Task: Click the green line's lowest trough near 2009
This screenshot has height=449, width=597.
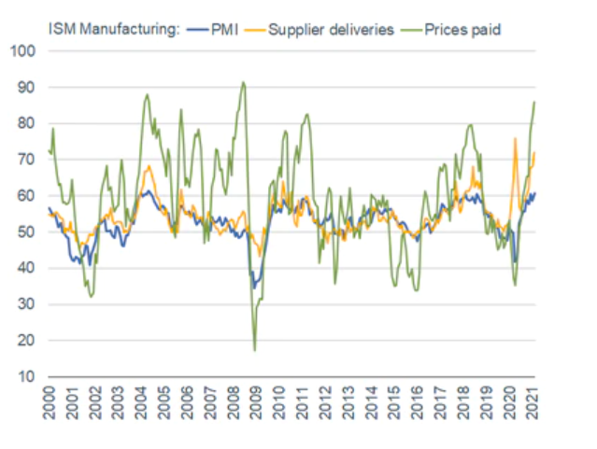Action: point(254,350)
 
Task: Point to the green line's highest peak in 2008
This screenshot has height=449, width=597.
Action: point(243,82)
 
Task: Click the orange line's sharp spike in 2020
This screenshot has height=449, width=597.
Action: point(515,138)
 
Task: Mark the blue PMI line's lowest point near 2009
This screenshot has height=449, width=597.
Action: point(253,288)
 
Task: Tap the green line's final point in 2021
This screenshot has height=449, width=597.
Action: point(534,102)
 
